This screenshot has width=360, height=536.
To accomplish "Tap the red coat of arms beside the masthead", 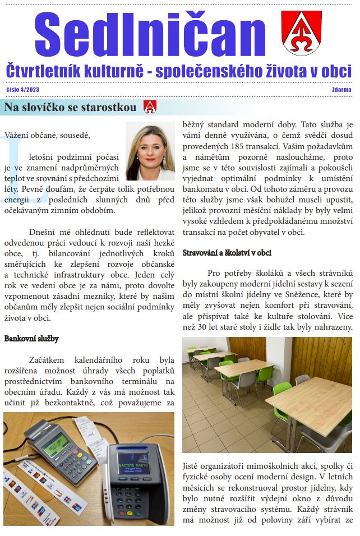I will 301,33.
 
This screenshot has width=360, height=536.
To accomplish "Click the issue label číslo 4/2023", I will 23,89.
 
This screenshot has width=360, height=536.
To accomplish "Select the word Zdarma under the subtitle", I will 341,89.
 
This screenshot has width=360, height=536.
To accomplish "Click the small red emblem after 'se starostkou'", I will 150,107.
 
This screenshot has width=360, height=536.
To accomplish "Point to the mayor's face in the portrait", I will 150,149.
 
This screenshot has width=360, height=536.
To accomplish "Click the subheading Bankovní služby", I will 31,339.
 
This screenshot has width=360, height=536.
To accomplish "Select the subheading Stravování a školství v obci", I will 227,253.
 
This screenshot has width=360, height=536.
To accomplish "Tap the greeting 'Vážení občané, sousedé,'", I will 47,135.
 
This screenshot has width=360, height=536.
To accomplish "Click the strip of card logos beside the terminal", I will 42,493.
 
